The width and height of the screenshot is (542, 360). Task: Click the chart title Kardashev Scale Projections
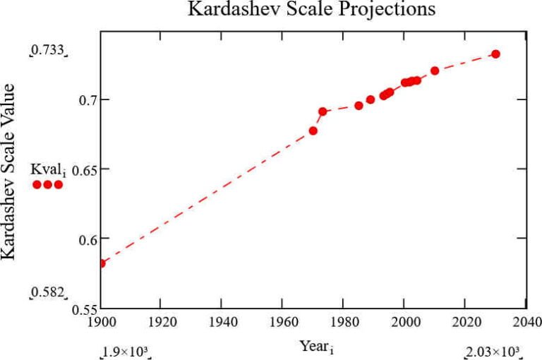(311, 10)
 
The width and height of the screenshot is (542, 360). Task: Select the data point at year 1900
(101, 263)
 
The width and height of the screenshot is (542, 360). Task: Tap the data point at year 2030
(495, 54)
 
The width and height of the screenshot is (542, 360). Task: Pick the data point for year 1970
(313, 131)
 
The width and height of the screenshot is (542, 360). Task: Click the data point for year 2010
(435, 71)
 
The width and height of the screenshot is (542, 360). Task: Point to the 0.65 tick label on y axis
(80, 169)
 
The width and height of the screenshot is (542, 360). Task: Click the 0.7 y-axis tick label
(83, 100)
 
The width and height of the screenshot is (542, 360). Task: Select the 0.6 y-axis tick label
(83, 239)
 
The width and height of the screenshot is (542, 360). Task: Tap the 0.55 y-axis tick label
(80, 309)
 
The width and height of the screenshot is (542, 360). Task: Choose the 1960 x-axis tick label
(282, 322)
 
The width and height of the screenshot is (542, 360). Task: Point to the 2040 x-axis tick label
(525, 322)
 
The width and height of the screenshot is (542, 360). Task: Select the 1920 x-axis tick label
(161, 322)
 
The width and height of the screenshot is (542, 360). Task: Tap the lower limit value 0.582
(47, 292)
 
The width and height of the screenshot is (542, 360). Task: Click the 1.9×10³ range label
(127, 352)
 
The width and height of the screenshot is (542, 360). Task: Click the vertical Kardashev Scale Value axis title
(10, 171)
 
